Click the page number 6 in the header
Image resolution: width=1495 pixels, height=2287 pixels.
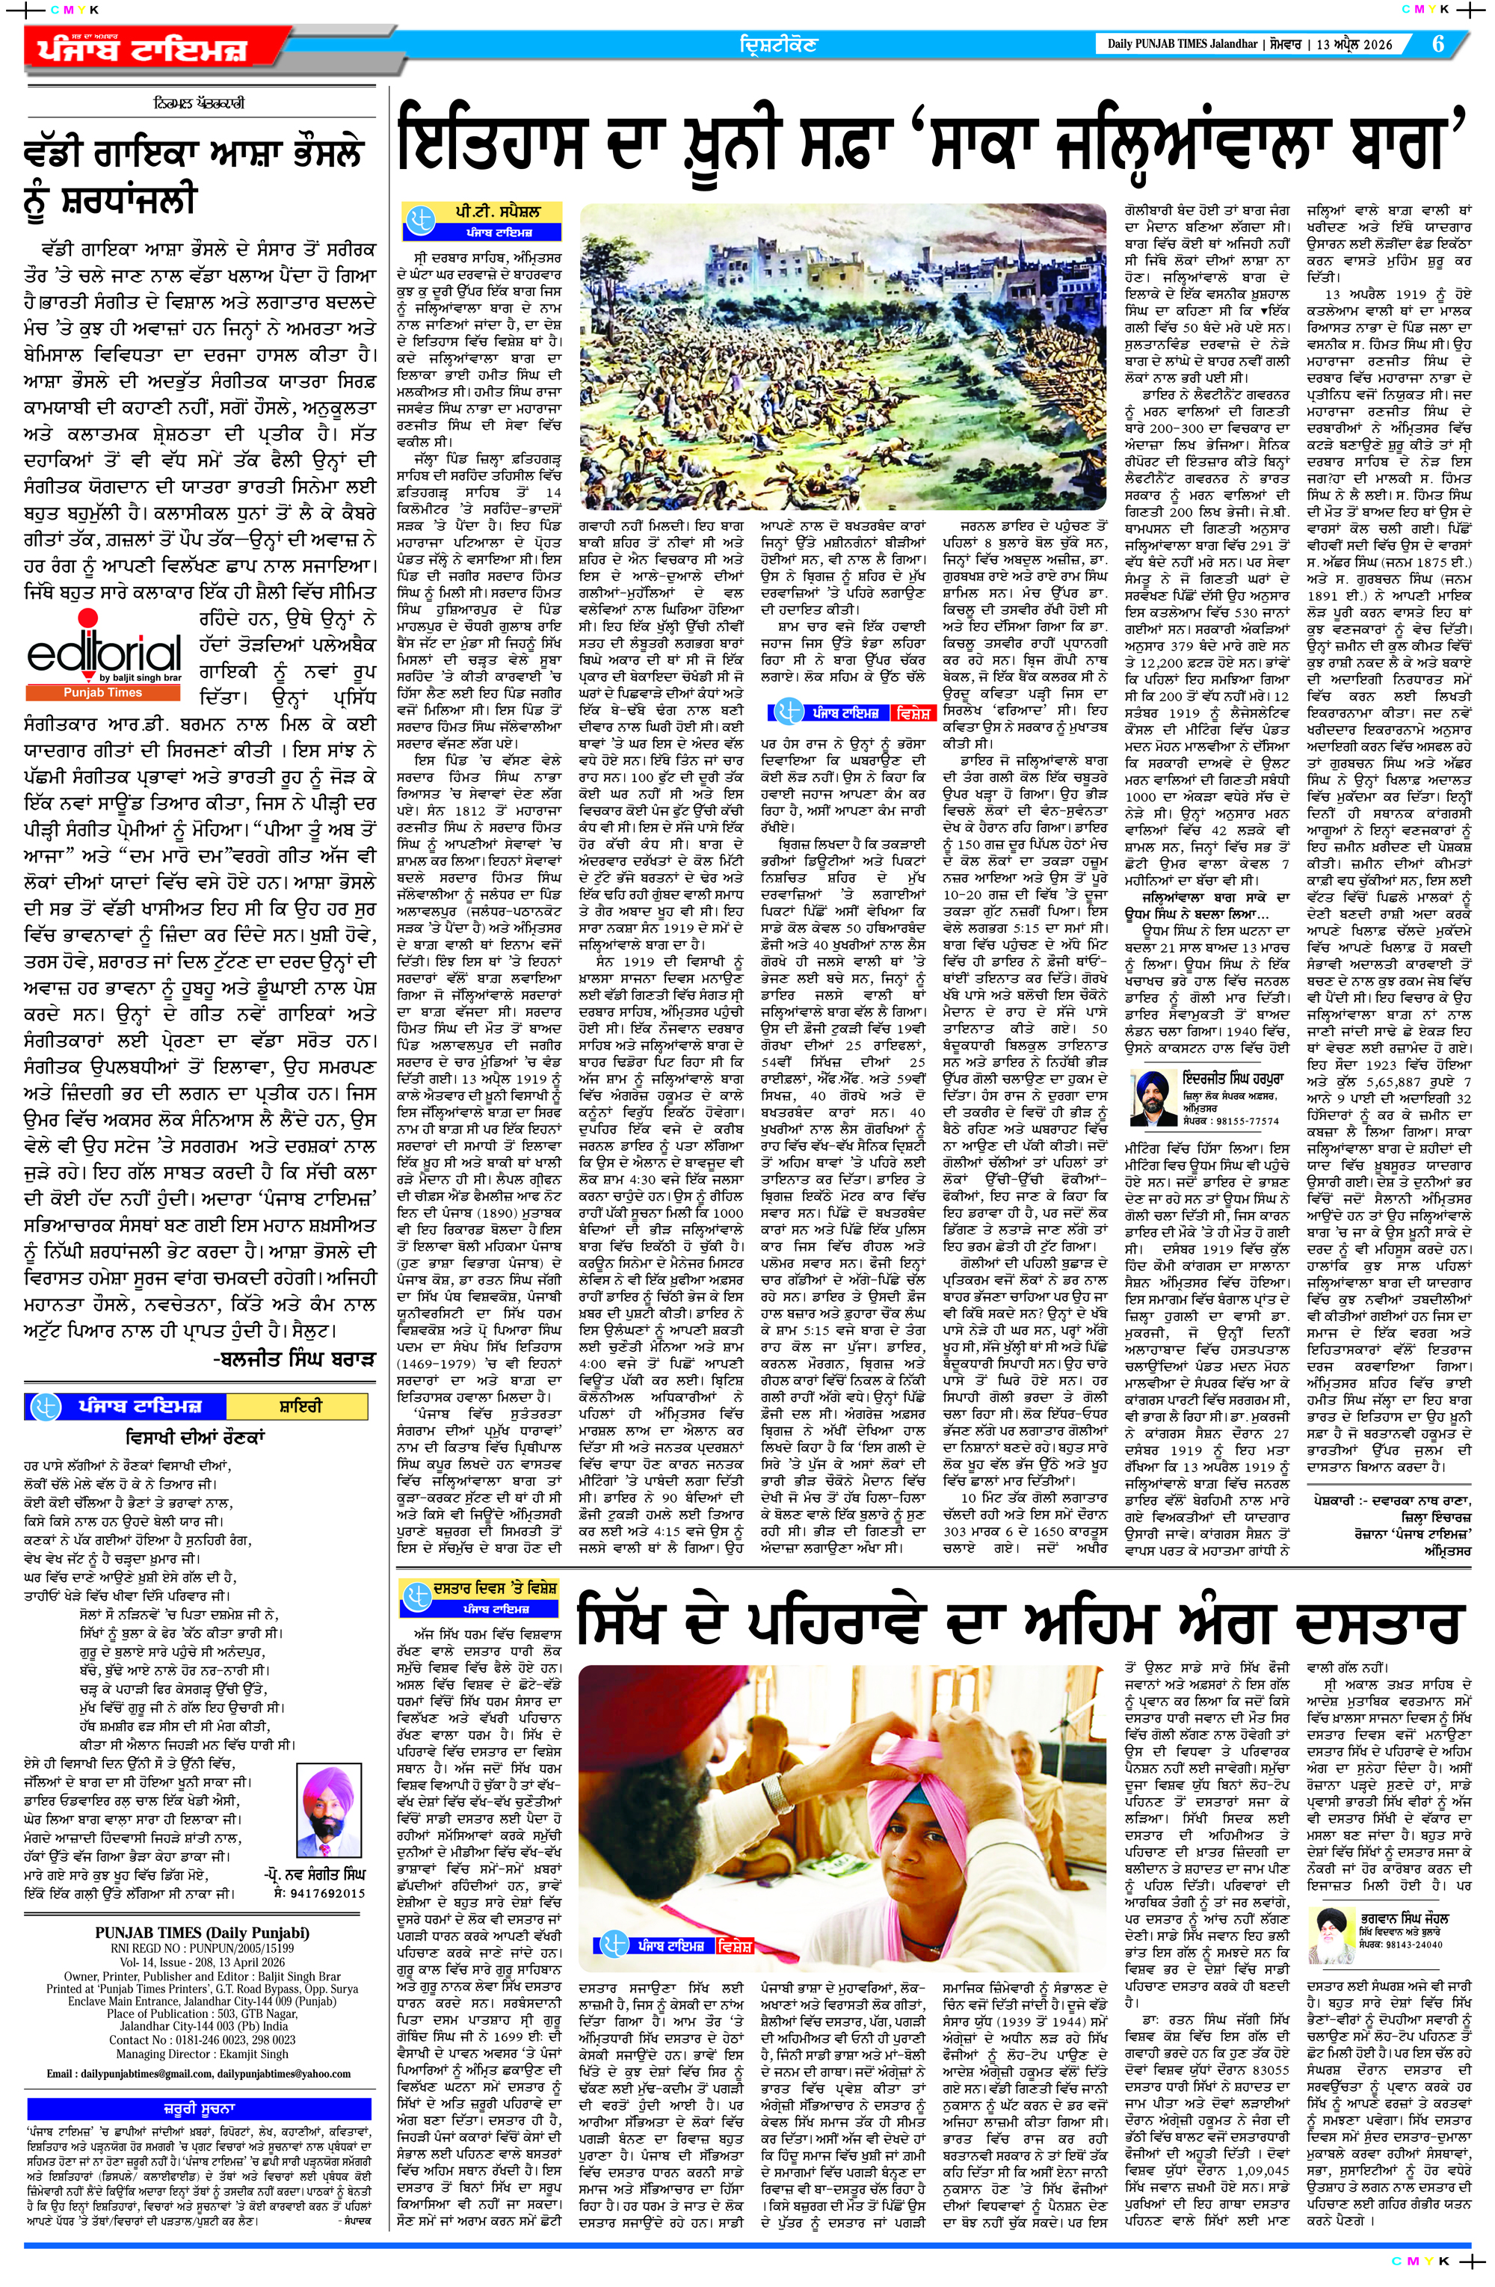pyautogui.click(x=1437, y=44)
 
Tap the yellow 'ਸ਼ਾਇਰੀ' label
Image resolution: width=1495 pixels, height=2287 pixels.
pyautogui.click(x=294, y=1406)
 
